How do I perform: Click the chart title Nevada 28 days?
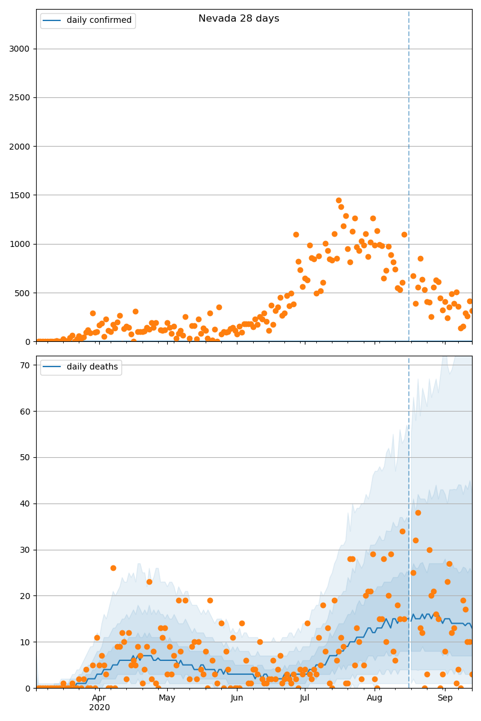tap(239, 19)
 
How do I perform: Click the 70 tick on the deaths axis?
tap(25, 365)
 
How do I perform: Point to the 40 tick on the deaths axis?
tap(25, 503)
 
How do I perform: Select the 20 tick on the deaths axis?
tap(25, 596)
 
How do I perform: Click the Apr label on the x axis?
tap(99, 698)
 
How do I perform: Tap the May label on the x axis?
tap(167, 698)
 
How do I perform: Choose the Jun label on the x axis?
tap(237, 698)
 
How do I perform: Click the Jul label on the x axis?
tap(305, 698)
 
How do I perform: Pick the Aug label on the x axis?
tap(375, 698)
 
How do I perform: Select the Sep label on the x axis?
tap(445, 698)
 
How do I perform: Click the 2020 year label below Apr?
tap(99, 708)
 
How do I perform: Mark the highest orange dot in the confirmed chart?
tap(339, 200)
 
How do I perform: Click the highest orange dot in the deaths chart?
tap(418, 513)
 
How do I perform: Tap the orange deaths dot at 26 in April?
tap(113, 568)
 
